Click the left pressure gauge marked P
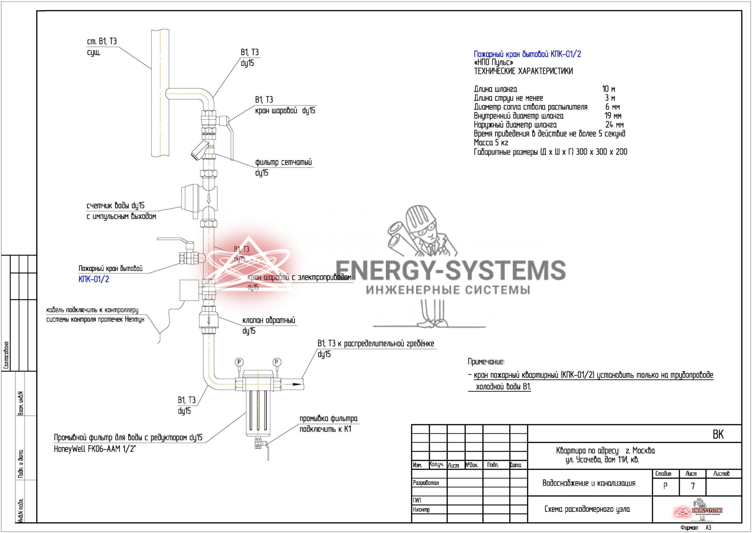pos(239,362)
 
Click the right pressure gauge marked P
pos(276,362)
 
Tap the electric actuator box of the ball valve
pos(189,290)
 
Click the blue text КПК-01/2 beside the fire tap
pos(93,279)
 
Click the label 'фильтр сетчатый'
pos(284,162)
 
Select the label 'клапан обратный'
pos(269,320)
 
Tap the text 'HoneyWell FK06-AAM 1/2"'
pos(95,449)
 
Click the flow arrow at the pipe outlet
pos(297,384)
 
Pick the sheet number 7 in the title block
pos(693,486)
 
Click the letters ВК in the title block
pos(718,435)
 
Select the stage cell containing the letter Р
pos(665,486)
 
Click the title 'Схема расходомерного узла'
pos(587,509)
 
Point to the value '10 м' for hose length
pos(608,89)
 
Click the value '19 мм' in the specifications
pos(613,116)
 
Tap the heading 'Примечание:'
pos(486,362)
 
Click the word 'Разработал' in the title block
pos(426,483)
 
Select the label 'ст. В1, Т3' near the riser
pos(102,41)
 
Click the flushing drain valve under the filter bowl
pos(259,444)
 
